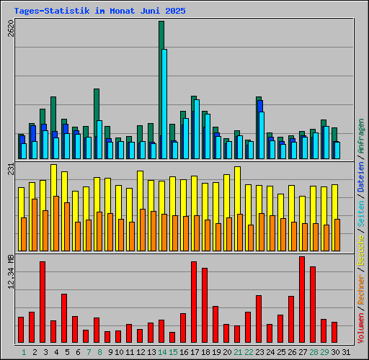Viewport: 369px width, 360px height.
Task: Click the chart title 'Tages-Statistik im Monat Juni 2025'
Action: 94,12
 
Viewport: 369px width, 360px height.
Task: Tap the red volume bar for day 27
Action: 301,300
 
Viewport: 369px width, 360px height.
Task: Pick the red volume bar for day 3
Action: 42,302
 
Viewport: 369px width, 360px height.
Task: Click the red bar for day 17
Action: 193,302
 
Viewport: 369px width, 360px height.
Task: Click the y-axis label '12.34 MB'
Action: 11,274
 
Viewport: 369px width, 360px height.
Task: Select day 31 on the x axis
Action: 347,352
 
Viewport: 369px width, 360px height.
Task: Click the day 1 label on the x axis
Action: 23,352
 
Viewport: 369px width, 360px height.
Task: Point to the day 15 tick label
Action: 173,352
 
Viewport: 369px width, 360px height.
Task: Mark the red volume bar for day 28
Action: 312,305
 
